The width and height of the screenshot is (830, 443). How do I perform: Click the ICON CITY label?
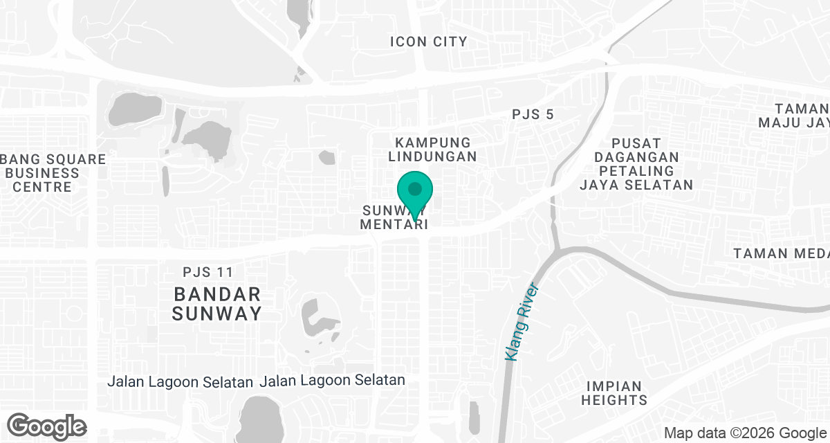tap(429, 42)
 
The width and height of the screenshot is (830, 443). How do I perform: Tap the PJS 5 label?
tap(533, 114)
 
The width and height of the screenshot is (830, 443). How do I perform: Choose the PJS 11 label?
tap(209, 273)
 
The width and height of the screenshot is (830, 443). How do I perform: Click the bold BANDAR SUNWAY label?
tap(216, 303)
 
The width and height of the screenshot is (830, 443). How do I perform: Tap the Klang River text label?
tap(522, 321)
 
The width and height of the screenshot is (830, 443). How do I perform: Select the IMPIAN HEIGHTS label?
tap(614, 392)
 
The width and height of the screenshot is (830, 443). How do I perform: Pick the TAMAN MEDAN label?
tap(782, 253)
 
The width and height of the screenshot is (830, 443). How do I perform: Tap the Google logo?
tap(47, 426)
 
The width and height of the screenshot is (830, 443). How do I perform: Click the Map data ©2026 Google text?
tap(744, 433)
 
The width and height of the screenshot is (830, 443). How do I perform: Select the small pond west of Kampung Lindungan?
tap(326, 157)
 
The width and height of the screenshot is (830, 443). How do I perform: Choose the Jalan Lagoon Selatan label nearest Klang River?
tap(332, 381)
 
